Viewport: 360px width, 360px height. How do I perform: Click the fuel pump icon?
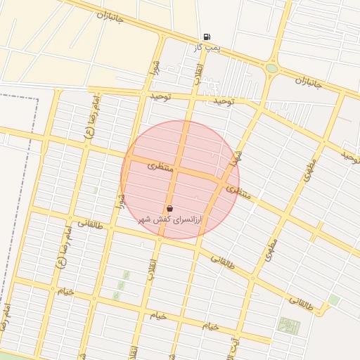click(206, 37)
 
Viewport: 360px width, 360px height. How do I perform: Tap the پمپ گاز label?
click(207, 48)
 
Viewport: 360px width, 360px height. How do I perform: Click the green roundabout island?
click(271, 68)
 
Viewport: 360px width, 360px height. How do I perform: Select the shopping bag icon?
click(170, 209)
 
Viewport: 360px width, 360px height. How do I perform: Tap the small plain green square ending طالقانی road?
click(334, 300)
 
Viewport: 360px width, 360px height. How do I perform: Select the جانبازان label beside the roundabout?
click(308, 83)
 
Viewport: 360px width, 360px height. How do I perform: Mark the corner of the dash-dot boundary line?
click(37, 98)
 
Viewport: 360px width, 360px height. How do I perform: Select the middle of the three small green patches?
click(121, 285)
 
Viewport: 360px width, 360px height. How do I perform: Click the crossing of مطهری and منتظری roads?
click(290, 208)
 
